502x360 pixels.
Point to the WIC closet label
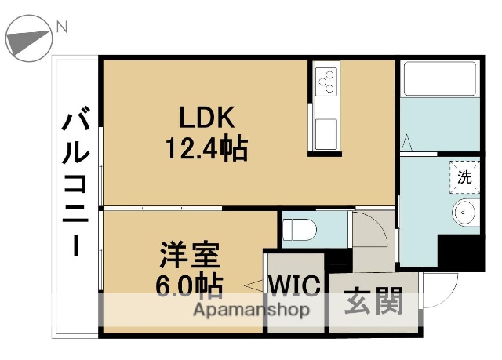[x=295, y=285]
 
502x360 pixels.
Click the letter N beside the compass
[x=61, y=27]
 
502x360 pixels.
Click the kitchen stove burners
[x=326, y=80]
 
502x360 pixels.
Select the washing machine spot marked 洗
[x=464, y=177]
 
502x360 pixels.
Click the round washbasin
[x=466, y=213]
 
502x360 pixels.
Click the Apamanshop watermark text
[x=251, y=309]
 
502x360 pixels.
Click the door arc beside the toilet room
[x=369, y=227]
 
